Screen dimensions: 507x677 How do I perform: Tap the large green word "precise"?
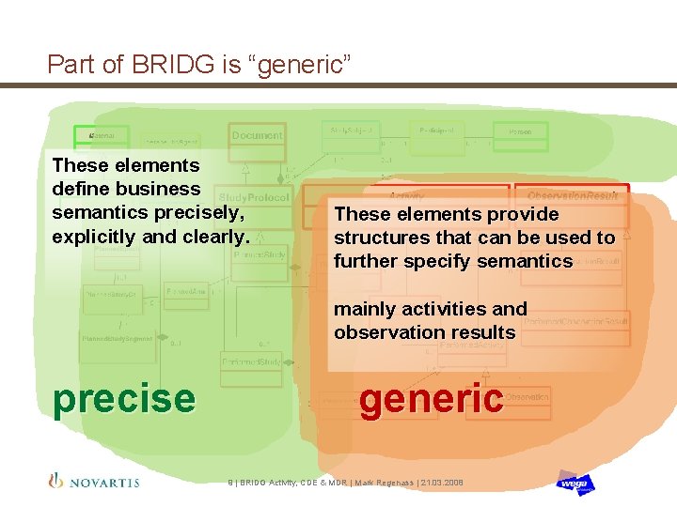pos(124,398)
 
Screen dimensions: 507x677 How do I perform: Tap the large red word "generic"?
pos(432,398)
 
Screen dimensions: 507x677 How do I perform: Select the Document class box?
pos(257,136)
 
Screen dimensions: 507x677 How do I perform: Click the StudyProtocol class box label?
pos(254,198)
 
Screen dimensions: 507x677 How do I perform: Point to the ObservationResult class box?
pos(572,195)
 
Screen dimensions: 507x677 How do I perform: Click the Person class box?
pos(520,132)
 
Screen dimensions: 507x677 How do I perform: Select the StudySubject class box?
pos(350,131)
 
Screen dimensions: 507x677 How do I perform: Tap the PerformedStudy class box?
pos(251,361)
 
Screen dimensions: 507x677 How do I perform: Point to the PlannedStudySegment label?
pos(117,338)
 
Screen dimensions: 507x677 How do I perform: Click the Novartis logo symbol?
pos(55,481)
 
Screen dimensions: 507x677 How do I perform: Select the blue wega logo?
pos(575,483)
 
